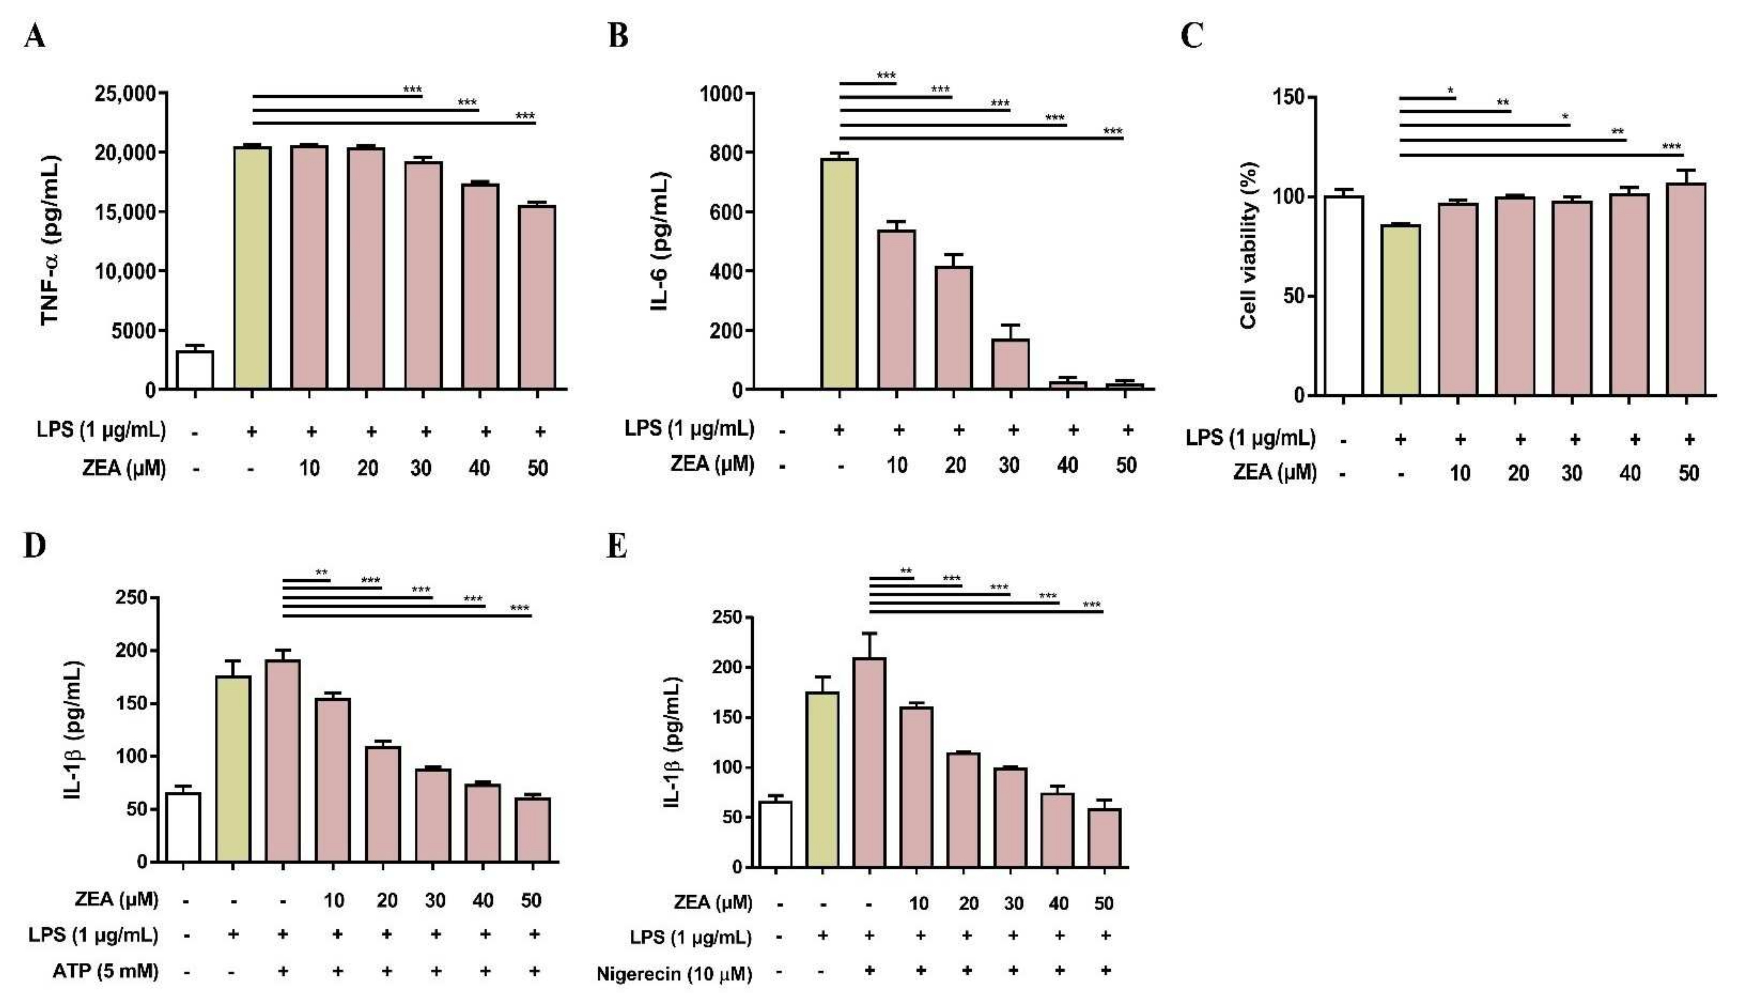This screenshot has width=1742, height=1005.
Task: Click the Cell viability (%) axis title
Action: [x=1248, y=245]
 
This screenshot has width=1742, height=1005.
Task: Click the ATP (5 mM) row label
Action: [x=105, y=971]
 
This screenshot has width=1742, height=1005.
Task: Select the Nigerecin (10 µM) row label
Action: [x=674, y=974]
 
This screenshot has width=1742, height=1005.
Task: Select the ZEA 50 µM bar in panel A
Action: [x=537, y=297]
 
